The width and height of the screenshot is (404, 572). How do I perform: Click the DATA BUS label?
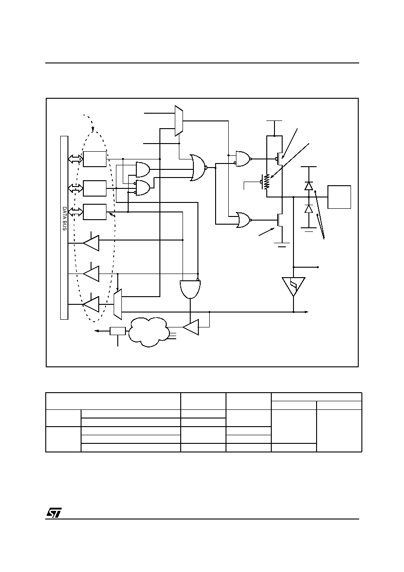pos(64,219)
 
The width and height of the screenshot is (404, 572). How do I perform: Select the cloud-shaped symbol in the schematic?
pos(149,332)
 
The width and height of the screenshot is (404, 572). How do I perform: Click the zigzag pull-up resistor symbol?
pos(267,182)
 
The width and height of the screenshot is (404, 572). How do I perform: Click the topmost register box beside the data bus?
pos(95,159)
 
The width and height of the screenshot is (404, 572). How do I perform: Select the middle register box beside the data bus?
pos(95,188)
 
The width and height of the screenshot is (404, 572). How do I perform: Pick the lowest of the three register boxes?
pos(95,212)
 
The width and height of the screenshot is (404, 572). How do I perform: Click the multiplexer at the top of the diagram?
pos(179,121)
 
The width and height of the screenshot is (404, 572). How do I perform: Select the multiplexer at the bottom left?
pos(118,304)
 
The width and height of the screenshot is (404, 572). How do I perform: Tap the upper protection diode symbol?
pos(309,186)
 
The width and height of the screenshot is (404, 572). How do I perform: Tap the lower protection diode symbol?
pos(309,209)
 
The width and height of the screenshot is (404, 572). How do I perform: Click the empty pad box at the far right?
pos(339,197)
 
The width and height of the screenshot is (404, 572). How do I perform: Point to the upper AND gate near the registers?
pos(143,169)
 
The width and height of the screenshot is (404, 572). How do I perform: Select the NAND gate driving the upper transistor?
pos(244,159)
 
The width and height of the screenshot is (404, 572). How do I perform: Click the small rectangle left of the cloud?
pos(118,331)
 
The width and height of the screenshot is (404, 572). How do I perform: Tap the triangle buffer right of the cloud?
pos(191,327)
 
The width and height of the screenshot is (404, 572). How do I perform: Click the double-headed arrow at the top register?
pos(76,159)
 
